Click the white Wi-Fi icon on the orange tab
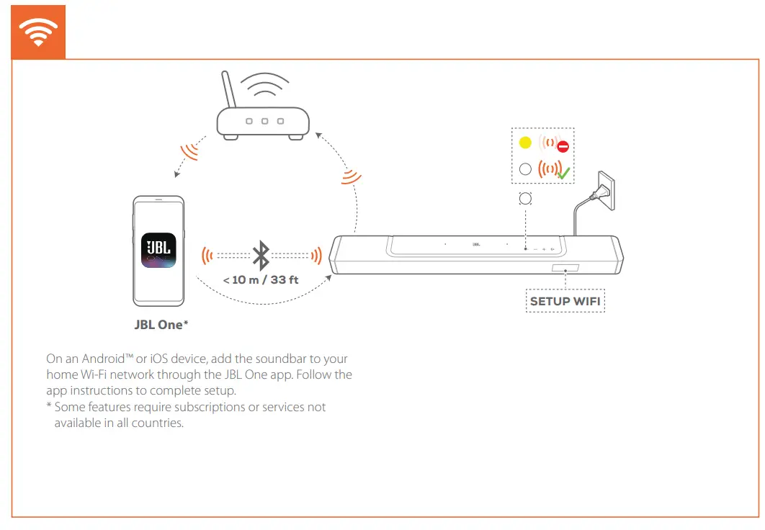click(x=37, y=32)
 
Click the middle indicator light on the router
click(x=264, y=122)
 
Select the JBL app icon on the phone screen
click(x=158, y=251)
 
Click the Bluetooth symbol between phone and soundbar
click(x=261, y=256)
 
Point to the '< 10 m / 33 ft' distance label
click(x=261, y=279)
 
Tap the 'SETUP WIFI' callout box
click(x=565, y=301)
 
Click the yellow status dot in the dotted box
click(x=525, y=143)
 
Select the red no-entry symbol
click(x=563, y=147)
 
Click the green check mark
click(x=563, y=174)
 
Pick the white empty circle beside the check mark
click(x=525, y=169)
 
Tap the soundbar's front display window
click(x=565, y=269)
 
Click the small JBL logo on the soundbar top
click(x=476, y=244)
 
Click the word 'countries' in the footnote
click(x=159, y=423)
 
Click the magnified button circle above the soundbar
click(x=525, y=198)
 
